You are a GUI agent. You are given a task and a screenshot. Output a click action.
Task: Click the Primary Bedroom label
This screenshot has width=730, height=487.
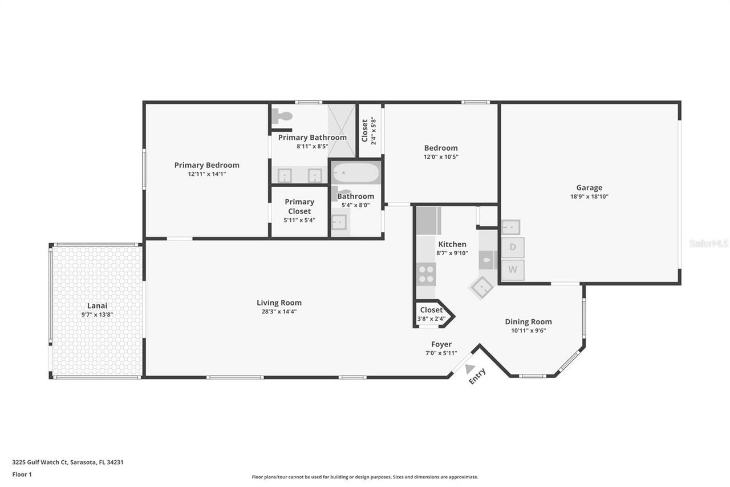pos(206,165)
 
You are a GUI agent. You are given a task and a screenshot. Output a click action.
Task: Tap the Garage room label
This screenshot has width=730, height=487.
pos(589,187)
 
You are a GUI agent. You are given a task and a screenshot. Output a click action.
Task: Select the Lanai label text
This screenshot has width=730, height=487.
pos(97,305)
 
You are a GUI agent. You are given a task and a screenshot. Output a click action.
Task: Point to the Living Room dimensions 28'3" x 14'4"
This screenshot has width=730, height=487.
pos(279,312)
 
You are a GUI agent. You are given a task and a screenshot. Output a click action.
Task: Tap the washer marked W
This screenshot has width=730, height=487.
pos(513,270)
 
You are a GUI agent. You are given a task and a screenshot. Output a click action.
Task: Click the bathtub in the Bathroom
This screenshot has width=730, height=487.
pos(356,173)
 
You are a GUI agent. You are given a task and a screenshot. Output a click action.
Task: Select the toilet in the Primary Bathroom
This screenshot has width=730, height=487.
pos(282,116)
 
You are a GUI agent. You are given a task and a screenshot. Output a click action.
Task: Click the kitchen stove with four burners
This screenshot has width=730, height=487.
pos(426,275)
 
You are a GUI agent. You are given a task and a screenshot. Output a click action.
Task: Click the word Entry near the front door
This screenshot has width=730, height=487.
pos(477,376)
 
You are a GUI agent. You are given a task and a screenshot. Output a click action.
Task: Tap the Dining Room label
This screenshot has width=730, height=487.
pos(528,321)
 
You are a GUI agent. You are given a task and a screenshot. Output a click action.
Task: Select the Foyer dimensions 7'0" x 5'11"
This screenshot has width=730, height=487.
pos(441,353)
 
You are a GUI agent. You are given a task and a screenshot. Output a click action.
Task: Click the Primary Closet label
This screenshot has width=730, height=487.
pos(299,206)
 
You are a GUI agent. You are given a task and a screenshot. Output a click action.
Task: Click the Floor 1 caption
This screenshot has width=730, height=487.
pos(22,474)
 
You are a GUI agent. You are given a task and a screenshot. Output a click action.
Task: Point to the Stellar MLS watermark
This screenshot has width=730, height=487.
pos(708,243)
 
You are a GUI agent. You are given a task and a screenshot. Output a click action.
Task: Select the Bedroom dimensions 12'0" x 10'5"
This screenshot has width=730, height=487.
pos(441,156)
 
